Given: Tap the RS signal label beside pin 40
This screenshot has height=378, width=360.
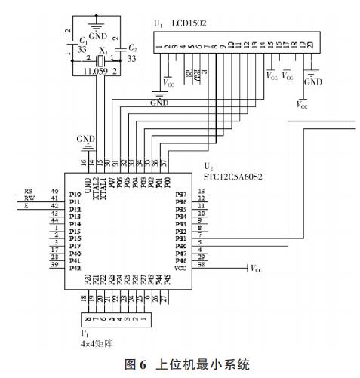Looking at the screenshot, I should pos(28,191).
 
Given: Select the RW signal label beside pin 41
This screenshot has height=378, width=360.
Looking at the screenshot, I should pos(29,198).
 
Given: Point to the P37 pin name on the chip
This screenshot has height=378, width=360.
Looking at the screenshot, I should pos(180,194).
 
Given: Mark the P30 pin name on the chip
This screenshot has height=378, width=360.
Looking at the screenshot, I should pos(180,246).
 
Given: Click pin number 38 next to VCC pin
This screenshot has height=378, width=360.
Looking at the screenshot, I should pos(201,267).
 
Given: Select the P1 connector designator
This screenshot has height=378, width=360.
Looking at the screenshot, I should pos(84,330).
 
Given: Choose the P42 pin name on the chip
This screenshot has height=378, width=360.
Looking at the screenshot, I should pos(74,267).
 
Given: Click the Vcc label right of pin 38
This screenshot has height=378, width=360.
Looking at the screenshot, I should pos(257,268).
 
